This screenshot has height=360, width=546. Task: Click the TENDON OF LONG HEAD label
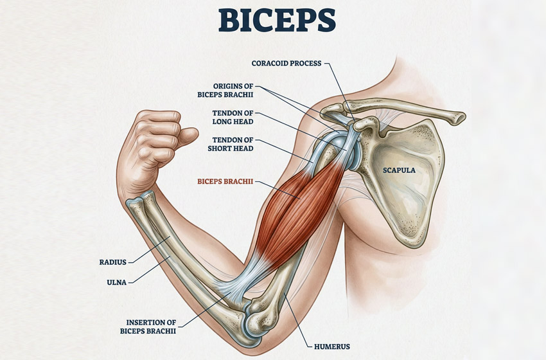[x=233, y=117]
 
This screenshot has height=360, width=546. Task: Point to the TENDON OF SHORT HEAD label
[x=233, y=144]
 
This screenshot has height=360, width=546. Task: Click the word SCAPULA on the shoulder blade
[x=399, y=170]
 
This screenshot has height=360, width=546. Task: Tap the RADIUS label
[x=114, y=262]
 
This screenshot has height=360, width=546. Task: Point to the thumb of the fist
[x=187, y=136]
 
